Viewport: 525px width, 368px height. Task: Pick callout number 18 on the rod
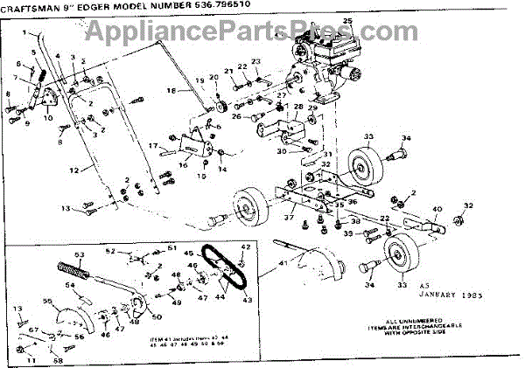[171, 90]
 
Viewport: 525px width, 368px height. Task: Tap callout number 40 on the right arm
[437, 211]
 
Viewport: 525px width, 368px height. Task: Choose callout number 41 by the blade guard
[282, 262]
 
